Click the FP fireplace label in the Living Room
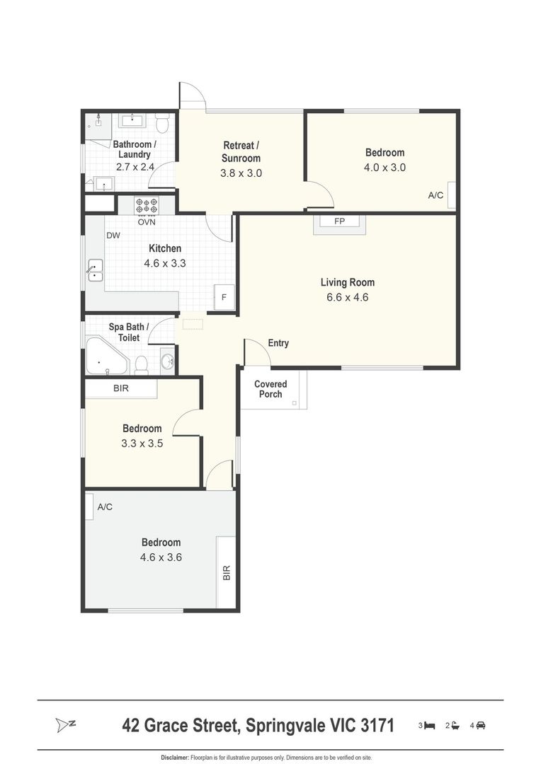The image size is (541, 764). pos(339,221)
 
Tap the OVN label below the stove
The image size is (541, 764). pos(147,221)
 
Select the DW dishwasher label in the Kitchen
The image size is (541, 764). pos(113,236)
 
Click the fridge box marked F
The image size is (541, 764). pos(224,296)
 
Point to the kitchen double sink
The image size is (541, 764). pos(95,270)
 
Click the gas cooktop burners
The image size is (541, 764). pos(147,204)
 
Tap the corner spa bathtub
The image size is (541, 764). pos(107,355)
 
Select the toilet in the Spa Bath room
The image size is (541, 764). pos(142,365)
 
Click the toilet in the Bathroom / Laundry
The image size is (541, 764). pos(162,123)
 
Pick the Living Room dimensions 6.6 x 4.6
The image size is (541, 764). pos(348,297)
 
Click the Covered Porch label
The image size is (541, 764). pos(270,389)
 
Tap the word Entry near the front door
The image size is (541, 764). pos(278,343)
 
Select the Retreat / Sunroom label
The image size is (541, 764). pos(241,151)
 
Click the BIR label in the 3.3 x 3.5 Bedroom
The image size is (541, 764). pos(121,388)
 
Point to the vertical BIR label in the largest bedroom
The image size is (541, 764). pos(227,572)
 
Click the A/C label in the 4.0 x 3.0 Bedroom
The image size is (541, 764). pos(435,195)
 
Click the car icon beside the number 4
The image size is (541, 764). pos(481,726)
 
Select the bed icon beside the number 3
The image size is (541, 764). pos(429,726)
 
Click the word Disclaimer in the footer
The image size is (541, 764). pos(175,758)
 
